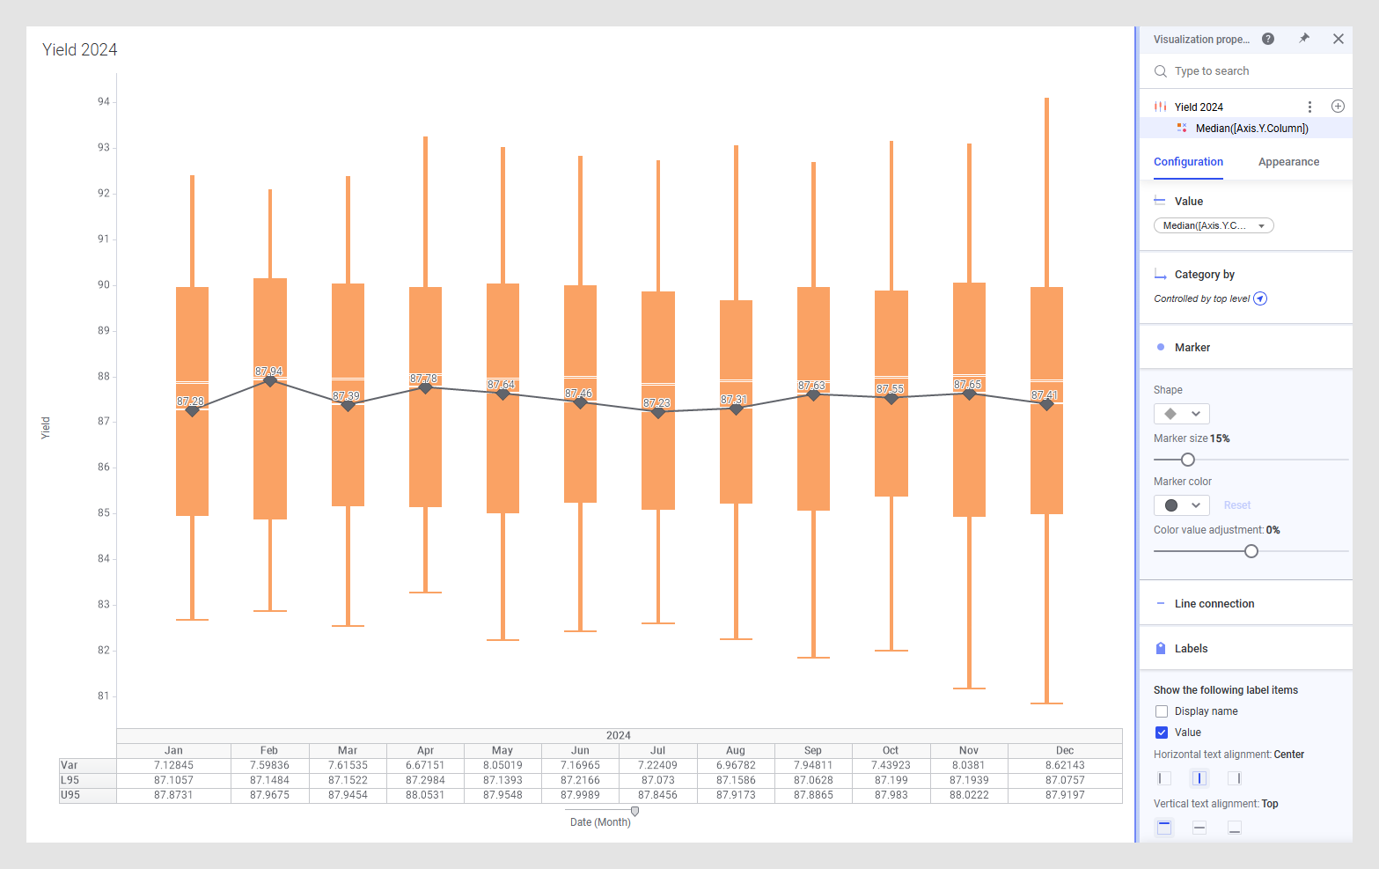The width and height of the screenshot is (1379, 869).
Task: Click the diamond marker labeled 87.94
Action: tap(270, 380)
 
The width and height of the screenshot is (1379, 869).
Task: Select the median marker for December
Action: tap(1046, 404)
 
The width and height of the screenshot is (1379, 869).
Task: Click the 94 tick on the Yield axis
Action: tap(104, 102)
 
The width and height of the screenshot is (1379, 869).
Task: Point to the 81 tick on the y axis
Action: tap(104, 696)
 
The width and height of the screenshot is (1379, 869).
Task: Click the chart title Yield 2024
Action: tap(80, 50)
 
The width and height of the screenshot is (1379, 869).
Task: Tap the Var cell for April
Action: tap(425, 765)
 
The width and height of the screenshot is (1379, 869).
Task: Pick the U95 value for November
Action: tap(968, 795)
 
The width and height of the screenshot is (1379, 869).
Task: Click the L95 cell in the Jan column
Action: tap(173, 780)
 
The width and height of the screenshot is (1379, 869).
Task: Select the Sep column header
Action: tap(812, 751)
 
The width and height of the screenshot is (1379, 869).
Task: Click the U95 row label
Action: tap(70, 795)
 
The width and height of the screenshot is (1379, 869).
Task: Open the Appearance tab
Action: tap(1288, 162)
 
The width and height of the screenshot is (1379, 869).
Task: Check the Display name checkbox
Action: tap(1162, 711)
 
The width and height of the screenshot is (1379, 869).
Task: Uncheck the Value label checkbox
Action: tap(1162, 733)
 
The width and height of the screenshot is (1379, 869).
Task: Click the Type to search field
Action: tap(1250, 71)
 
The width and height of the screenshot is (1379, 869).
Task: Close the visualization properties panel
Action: tap(1338, 39)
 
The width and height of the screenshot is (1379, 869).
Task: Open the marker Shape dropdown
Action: tap(1181, 414)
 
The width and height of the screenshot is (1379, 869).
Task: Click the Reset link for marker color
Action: tap(1236, 505)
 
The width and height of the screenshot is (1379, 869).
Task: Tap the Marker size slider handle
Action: tap(1187, 460)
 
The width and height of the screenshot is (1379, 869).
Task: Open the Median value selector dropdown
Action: tap(1214, 225)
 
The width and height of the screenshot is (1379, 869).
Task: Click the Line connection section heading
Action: tap(1214, 604)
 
